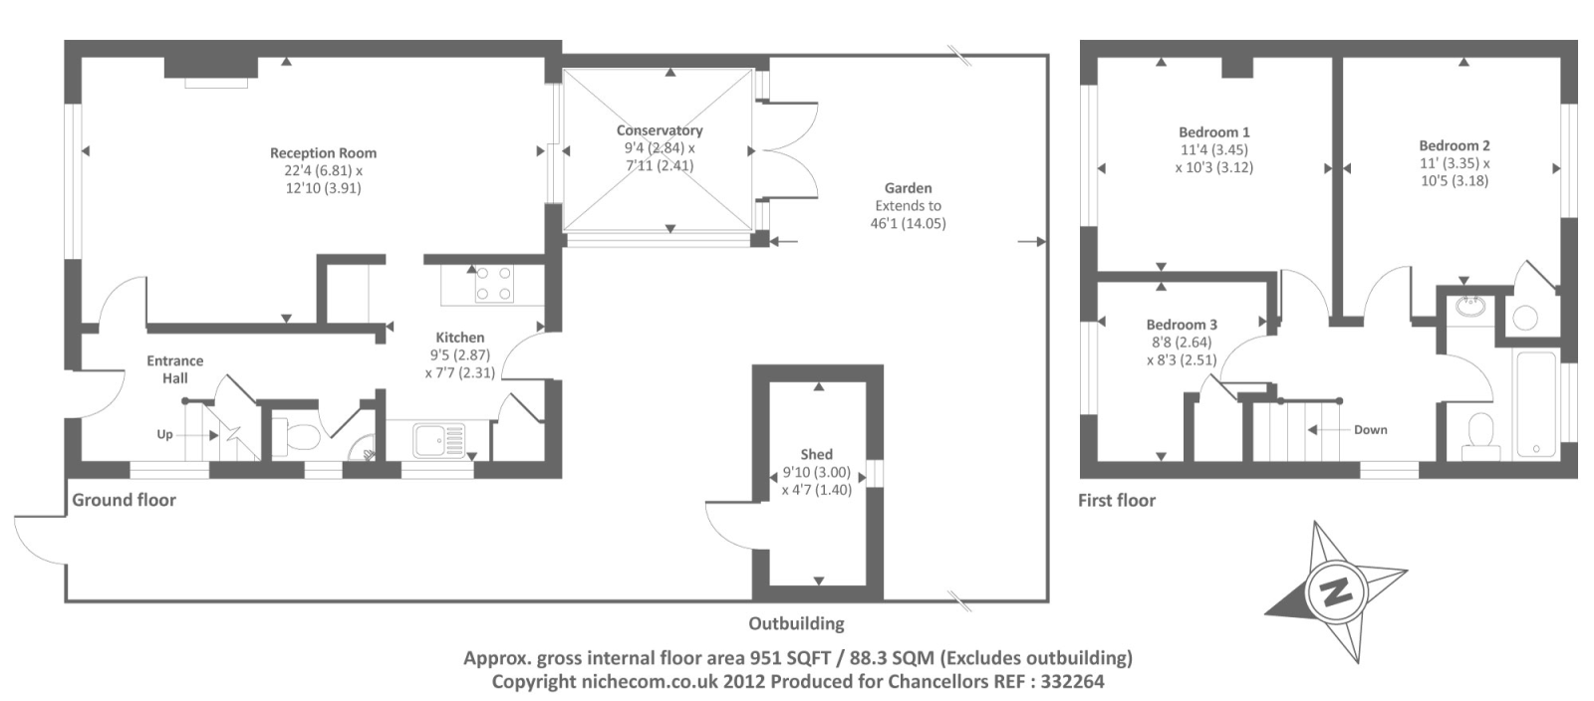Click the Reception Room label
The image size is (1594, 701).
323,153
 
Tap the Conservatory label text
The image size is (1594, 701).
659,130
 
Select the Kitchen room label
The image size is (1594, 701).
459,338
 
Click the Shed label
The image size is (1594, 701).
816,454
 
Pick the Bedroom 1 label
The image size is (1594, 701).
1213,132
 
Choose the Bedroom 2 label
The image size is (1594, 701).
1455,145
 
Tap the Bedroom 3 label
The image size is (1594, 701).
1182,325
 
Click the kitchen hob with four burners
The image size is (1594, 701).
492,283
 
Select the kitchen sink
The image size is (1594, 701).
439,438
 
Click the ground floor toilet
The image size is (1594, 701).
300,435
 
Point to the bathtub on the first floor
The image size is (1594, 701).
1534,403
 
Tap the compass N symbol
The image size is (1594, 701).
1334,590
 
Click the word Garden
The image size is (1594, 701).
908,188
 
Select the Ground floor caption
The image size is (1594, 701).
124,500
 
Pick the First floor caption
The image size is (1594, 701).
1116,500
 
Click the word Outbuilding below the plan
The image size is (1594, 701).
796,624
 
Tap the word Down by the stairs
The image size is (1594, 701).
1370,430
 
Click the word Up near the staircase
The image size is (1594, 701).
164,434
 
